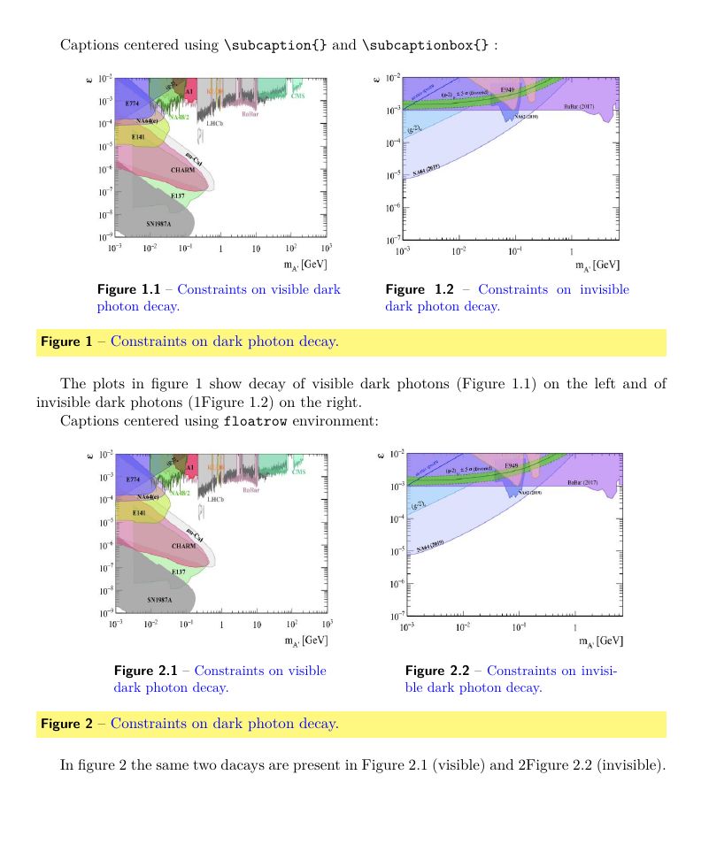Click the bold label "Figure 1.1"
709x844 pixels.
[x=128, y=289]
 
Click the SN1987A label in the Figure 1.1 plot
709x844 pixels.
[x=159, y=225]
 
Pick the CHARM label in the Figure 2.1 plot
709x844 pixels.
[x=184, y=546]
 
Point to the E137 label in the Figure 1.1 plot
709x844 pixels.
[x=177, y=195]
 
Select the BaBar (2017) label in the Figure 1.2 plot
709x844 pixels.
[x=581, y=106]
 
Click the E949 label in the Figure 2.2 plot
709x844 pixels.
[x=512, y=464]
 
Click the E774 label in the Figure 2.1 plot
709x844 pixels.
[x=133, y=479]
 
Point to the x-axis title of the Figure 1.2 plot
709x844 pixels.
[x=597, y=265]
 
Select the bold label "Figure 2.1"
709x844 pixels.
[x=146, y=671]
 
